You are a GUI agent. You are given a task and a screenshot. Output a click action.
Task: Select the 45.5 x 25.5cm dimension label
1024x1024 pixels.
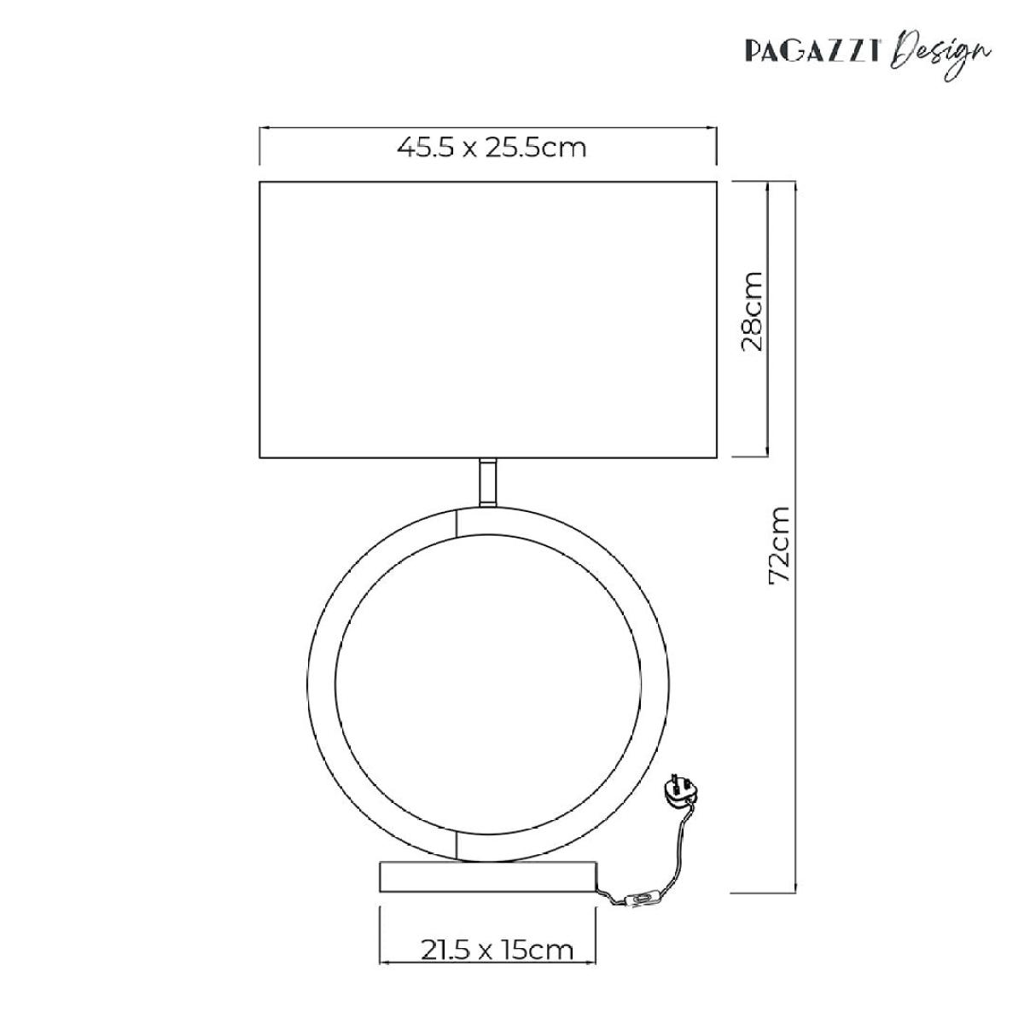[492, 148]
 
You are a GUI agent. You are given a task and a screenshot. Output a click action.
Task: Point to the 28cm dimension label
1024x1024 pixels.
[752, 311]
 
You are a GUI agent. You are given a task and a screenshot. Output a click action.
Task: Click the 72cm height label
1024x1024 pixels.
[779, 546]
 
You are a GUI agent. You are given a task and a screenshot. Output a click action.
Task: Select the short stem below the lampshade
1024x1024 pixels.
[488, 482]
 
